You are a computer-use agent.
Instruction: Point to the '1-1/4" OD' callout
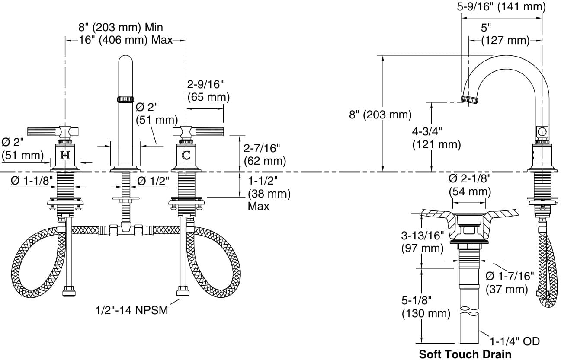pos(515,341)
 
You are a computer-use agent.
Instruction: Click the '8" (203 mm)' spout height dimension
pos(380,115)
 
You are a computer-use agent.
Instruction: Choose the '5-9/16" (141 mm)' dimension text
pos(501,6)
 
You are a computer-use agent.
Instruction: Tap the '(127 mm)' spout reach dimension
pos(505,40)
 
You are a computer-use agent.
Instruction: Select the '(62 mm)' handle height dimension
pos(265,161)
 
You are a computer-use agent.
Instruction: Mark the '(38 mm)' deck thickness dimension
pos(269,193)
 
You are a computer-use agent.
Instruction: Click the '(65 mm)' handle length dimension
pos(208,97)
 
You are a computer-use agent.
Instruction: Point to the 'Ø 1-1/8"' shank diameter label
pos(32,181)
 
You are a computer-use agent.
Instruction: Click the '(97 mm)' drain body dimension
pos(422,248)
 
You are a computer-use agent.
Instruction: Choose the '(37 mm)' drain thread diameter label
pos(507,289)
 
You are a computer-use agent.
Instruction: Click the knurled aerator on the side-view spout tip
pos(469,99)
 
